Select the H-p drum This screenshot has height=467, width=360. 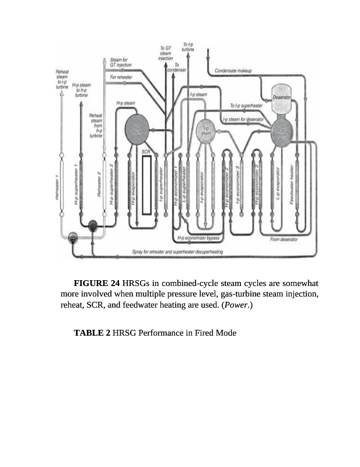pos(137,129)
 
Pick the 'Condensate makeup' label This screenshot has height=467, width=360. pos(233,70)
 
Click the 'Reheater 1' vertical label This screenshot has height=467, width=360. pos(57,187)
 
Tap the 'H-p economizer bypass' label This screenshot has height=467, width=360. pos(198,238)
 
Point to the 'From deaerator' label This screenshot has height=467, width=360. pos(285,239)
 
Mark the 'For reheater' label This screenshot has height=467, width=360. pos(121,77)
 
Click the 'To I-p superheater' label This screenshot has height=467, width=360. pos(247,106)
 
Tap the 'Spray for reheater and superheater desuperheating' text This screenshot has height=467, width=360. pos(177,252)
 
